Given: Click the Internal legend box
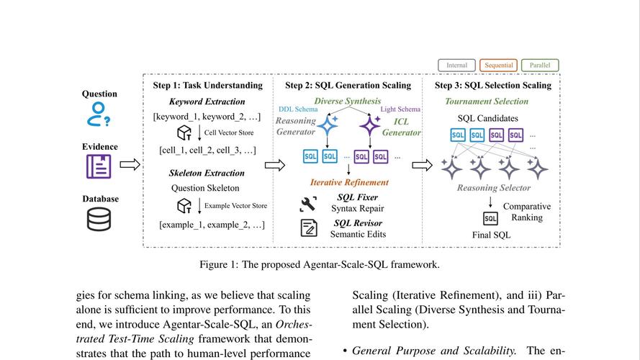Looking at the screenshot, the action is pyautogui.click(x=456, y=66).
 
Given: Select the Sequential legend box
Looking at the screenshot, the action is pyautogui.click(x=498, y=66).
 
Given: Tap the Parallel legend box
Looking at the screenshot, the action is pyautogui.click(x=540, y=66).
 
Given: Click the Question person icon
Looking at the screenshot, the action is pyautogui.click(x=99, y=114).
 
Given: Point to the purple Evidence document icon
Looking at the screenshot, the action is pyautogui.click(x=99, y=166).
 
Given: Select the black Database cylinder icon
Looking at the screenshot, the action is pyautogui.click(x=99, y=219).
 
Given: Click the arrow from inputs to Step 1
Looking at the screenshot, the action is pyautogui.click(x=130, y=164).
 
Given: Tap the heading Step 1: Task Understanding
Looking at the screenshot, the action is pyautogui.click(x=208, y=85).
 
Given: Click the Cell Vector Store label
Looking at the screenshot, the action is pyautogui.click(x=229, y=132).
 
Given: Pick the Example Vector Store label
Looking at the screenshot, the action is pyautogui.click(x=236, y=206).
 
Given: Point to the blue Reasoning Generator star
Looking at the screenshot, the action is pyautogui.click(x=328, y=125).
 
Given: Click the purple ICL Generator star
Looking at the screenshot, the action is pyautogui.click(x=370, y=125).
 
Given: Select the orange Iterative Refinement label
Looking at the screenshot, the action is pyautogui.click(x=349, y=182).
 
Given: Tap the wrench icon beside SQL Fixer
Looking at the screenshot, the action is pyautogui.click(x=307, y=204).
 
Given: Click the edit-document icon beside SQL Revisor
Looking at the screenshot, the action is pyautogui.click(x=309, y=228).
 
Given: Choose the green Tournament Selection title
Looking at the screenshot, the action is pyautogui.click(x=487, y=102).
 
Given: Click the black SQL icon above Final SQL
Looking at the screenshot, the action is pyautogui.click(x=490, y=219).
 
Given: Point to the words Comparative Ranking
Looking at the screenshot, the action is pyautogui.click(x=527, y=212).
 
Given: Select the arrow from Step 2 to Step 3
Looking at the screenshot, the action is pyautogui.click(x=422, y=166).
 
